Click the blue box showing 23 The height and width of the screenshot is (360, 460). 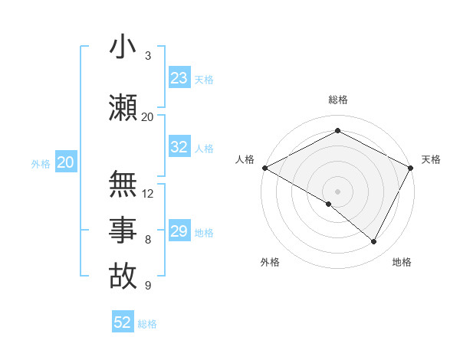point(179,78)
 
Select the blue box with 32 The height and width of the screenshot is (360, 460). point(179,148)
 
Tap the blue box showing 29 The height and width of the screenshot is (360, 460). point(179,231)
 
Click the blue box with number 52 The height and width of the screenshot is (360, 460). point(123,323)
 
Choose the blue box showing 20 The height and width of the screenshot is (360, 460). point(66,162)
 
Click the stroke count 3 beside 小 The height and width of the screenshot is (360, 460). point(148,56)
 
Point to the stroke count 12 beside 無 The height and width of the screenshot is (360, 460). point(148,193)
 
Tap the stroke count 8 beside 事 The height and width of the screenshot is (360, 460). point(148,240)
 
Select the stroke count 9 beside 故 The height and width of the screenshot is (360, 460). point(148,286)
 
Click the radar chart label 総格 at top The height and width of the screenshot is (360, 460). point(337,100)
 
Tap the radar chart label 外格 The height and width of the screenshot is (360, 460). point(270,262)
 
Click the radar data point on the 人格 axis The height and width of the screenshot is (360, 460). point(264,168)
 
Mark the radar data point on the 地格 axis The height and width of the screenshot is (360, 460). point(374,242)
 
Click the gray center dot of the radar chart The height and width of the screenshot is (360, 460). point(337,191)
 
